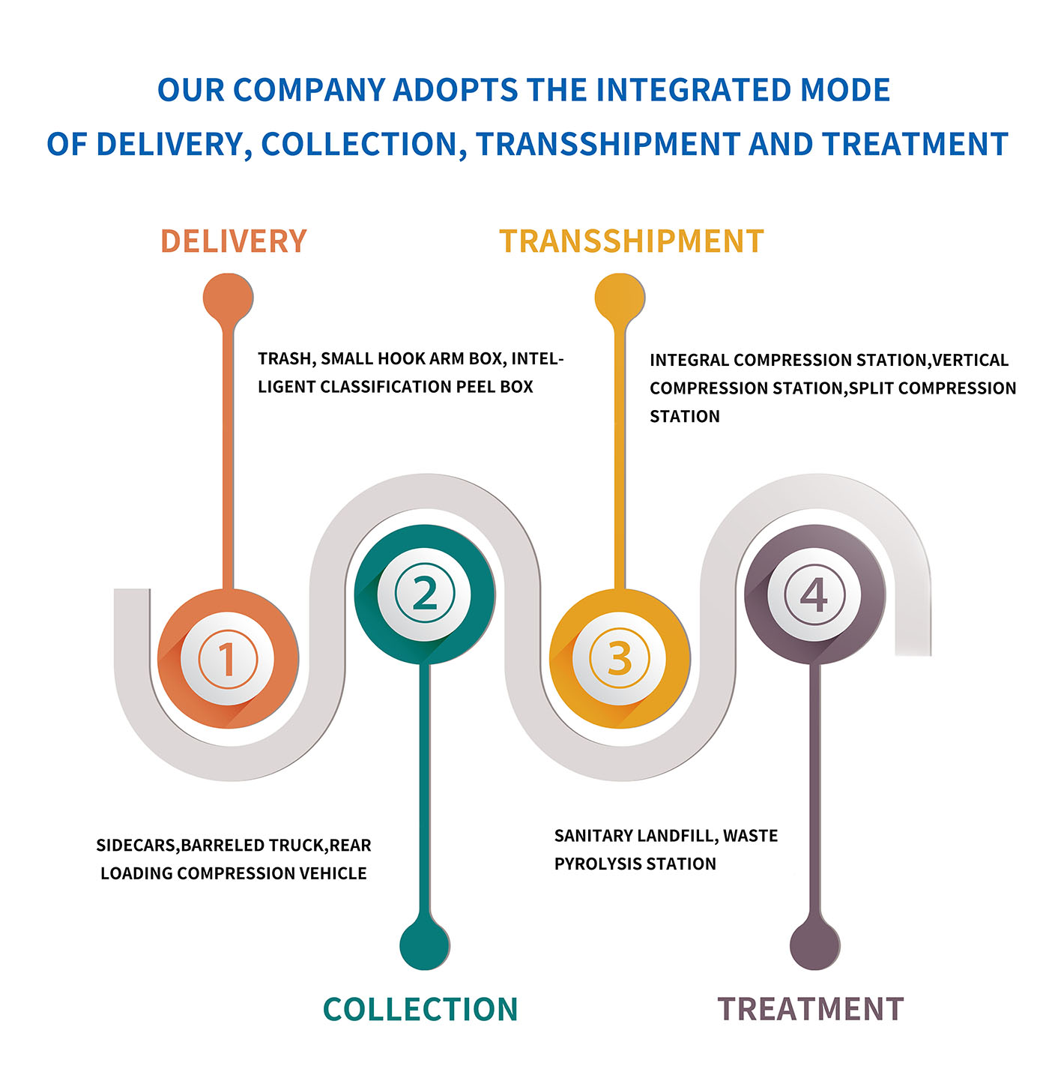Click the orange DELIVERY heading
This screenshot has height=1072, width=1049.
234,241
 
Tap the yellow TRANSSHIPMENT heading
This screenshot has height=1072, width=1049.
632,241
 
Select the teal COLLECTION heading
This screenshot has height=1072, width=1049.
420,1009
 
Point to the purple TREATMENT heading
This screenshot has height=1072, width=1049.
811,1009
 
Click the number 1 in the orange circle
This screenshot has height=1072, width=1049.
227,659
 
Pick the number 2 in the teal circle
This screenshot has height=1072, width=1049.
425,593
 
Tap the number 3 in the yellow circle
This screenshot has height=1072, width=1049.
620,659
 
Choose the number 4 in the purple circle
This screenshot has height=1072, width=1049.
814,594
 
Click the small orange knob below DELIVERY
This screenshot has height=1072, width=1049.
228,298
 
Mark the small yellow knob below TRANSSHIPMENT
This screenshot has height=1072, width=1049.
620,298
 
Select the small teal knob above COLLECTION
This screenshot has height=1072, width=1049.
424,946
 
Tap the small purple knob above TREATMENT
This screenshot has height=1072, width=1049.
814,946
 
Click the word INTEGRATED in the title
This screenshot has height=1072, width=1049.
694,90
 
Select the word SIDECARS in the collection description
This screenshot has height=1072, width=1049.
137,846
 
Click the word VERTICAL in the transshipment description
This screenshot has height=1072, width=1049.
970,360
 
